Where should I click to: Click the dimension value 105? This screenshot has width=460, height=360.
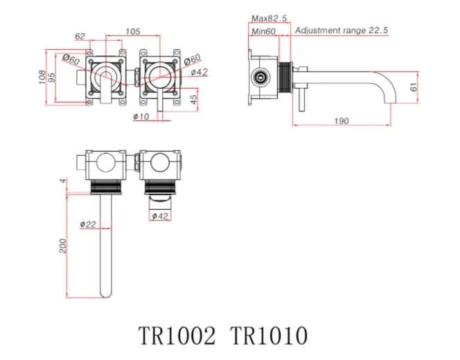point(133,31)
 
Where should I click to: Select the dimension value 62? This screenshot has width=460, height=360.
point(80,35)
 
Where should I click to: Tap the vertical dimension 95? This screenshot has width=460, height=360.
point(53,78)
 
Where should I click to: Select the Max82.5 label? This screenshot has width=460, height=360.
point(269,19)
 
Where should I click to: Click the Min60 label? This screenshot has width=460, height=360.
point(264,31)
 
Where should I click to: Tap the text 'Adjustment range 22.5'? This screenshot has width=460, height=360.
point(342,31)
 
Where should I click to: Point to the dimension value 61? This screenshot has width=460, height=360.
point(414,87)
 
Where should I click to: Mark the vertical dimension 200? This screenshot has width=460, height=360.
point(63,246)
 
